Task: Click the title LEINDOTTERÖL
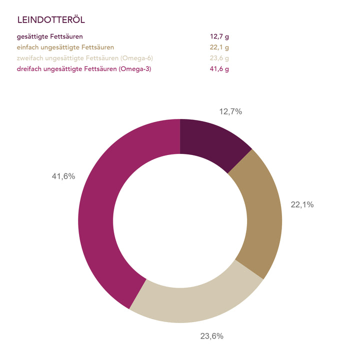click(x=50, y=20)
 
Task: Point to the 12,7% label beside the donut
click(x=230, y=111)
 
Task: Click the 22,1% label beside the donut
click(x=302, y=204)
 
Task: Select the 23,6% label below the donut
click(x=211, y=336)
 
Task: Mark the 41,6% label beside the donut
click(x=63, y=176)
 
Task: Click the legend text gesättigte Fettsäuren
click(x=50, y=36)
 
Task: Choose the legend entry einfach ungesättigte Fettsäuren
click(x=65, y=47)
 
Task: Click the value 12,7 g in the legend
click(x=219, y=36)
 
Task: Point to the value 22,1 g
click(x=219, y=47)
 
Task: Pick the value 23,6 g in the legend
click(x=219, y=58)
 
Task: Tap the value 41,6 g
click(x=219, y=69)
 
